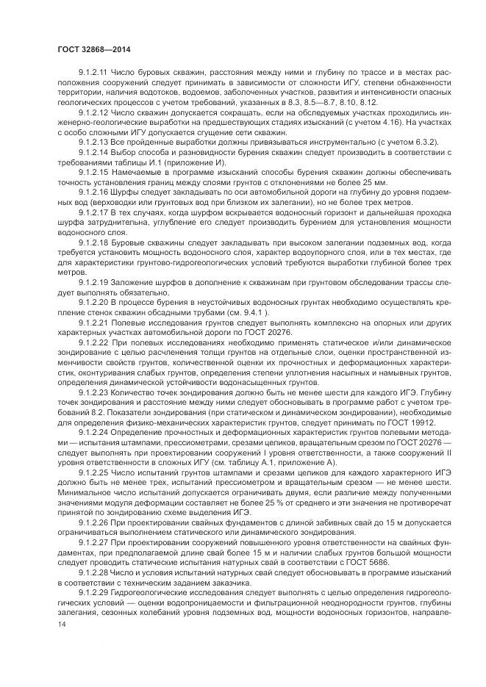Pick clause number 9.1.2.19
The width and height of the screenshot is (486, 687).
pos(93,281)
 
